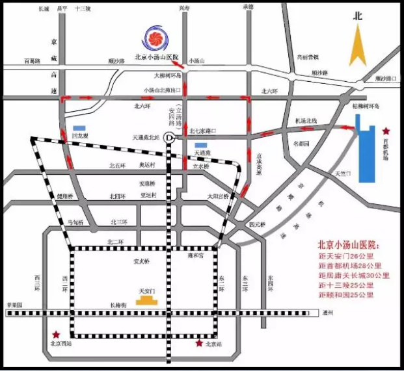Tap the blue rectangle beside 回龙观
click(x=79, y=127)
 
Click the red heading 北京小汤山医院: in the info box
click(x=347, y=246)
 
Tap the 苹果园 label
click(x=14, y=305)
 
